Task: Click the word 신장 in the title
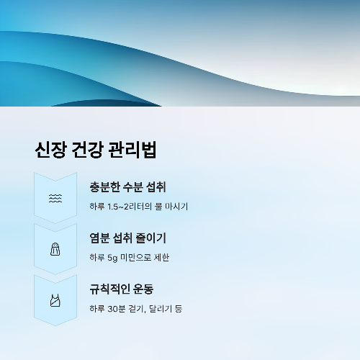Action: pos(50,150)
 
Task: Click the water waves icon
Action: pos(55,199)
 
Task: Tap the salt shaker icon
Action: pos(55,249)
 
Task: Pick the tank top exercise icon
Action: pos(55,300)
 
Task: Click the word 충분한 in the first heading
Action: pos(106,187)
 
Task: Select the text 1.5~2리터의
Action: pos(132,207)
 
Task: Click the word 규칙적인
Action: pos(111,289)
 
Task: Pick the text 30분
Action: pos(116,308)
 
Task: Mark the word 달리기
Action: pos(163,308)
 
